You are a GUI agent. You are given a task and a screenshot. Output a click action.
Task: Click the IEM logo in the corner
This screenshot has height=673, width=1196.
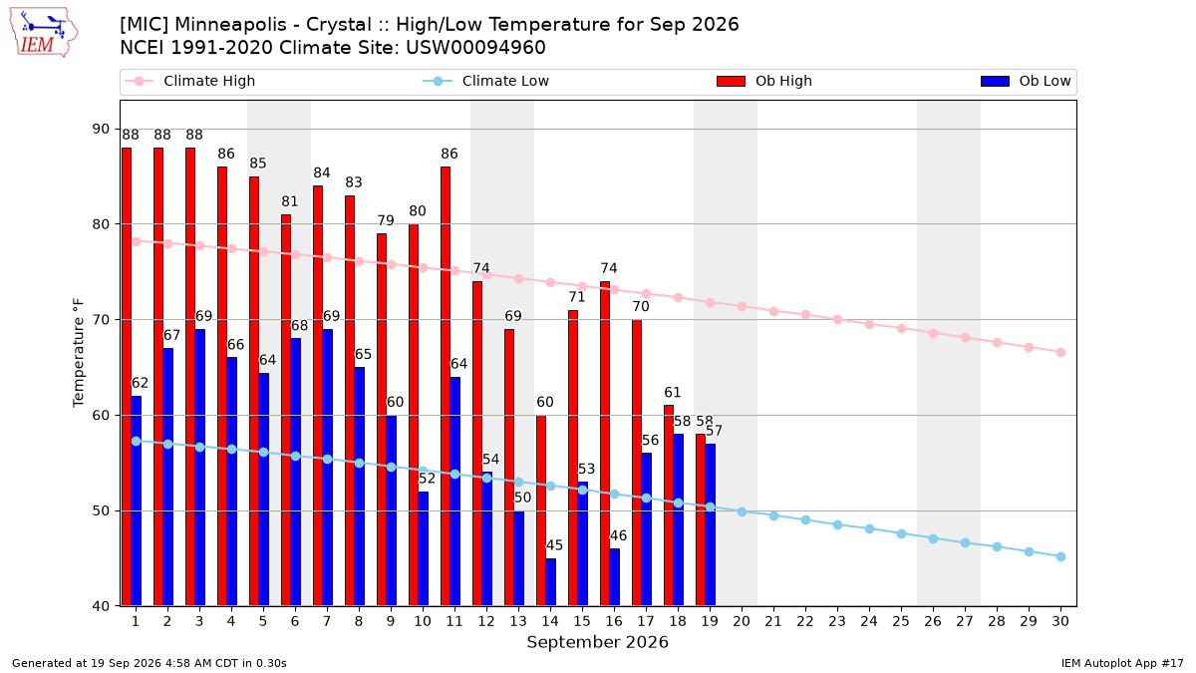point(44,33)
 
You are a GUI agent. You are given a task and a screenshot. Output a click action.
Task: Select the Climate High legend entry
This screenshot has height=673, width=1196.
point(189,81)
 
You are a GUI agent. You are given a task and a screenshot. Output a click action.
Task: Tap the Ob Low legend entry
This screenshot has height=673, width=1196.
point(1026,81)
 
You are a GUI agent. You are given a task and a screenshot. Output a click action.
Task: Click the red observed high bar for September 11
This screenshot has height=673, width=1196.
point(446,387)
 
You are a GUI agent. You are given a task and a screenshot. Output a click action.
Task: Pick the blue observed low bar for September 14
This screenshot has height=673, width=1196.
point(550,582)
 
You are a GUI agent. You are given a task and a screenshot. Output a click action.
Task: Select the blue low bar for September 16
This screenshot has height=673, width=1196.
point(615,577)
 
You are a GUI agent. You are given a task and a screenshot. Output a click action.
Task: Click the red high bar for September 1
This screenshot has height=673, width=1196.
point(127,377)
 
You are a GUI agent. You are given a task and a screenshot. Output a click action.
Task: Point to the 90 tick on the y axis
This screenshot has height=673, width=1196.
point(101,130)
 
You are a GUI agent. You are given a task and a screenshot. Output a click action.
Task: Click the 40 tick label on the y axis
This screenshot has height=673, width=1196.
point(101,606)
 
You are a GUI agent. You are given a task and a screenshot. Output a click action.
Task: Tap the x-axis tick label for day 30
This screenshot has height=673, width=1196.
point(1060,621)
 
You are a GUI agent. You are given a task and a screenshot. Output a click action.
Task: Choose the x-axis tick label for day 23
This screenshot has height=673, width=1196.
point(837,621)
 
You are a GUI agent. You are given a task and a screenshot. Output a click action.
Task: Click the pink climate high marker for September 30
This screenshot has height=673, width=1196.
point(1060,353)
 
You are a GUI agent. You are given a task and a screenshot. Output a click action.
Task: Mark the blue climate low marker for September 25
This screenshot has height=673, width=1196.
point(901,534)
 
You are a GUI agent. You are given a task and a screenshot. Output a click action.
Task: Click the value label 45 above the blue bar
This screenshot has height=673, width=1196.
point(554,545)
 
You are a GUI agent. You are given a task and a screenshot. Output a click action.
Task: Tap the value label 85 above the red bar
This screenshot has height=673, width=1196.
point(257,163)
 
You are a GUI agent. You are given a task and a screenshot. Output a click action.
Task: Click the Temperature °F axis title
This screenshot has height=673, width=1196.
point(79,353)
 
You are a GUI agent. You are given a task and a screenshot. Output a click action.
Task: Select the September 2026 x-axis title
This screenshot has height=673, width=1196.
point(597,642)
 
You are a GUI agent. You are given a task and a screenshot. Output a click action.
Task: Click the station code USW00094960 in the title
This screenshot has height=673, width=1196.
point(475,48)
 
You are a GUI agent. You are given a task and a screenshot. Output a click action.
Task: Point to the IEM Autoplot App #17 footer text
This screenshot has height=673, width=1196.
point(1122,663)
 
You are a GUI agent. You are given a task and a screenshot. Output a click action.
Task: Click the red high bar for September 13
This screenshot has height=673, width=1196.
point(509,468)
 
